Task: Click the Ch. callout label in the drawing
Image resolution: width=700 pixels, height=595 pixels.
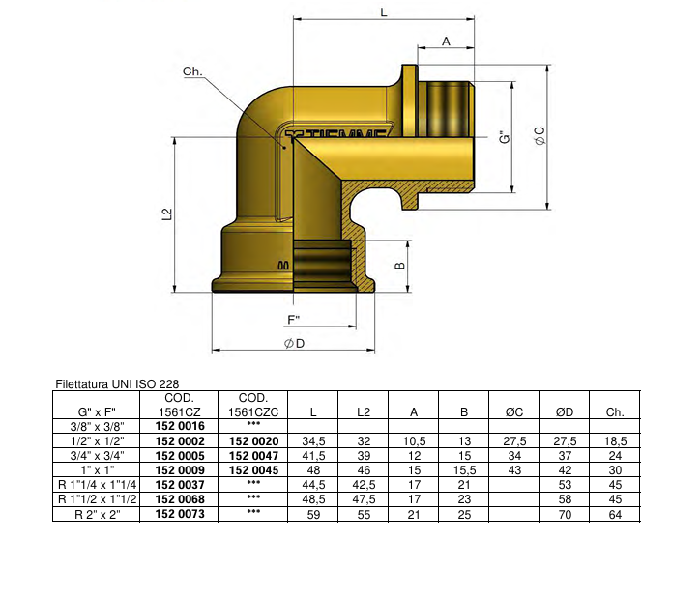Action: [192, 72]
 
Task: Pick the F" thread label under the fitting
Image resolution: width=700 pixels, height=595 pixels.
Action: [294, 320]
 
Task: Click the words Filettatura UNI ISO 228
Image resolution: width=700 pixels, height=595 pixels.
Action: [117, 383]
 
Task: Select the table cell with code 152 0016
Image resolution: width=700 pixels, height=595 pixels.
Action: [180, 426]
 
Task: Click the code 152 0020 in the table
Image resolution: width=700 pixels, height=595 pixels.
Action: [254, 440]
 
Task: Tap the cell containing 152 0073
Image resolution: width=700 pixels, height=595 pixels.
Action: [180, 515]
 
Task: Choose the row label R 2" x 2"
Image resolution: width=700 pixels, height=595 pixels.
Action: [97, 515]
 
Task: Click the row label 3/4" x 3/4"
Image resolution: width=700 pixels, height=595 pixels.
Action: [97, 455]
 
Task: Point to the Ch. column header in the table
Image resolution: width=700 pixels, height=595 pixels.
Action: [616, 412]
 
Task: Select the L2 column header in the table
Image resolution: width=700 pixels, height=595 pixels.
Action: [364, 412]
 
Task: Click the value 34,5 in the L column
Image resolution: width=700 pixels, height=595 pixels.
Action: [313, 440]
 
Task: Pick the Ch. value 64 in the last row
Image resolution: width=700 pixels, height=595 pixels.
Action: [616, 515]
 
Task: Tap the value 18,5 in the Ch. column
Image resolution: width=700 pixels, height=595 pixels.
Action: [616, 440]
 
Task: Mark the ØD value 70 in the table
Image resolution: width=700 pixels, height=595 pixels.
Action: [565, 515]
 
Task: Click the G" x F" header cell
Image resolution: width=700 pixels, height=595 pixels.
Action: [97, 412]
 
